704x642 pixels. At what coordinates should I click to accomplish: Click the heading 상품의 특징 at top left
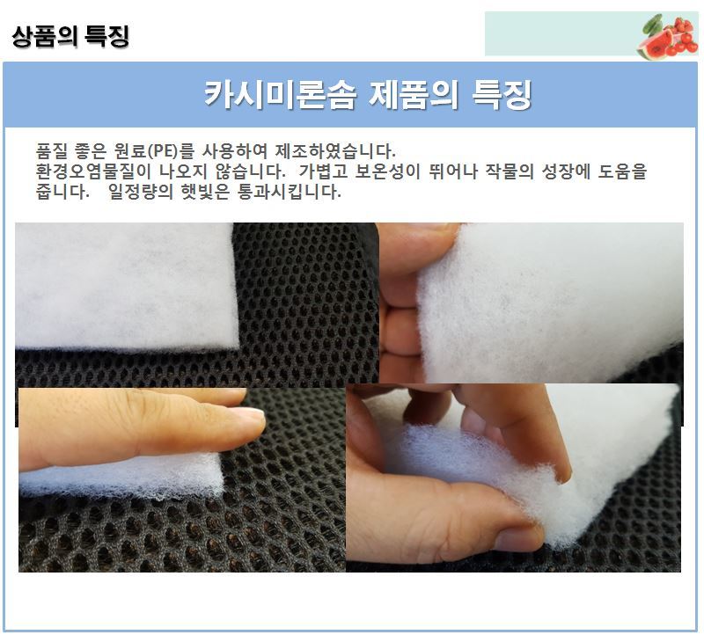click(70, 36)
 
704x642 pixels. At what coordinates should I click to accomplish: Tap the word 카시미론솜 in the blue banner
click(280, 94)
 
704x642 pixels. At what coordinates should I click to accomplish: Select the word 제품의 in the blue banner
click(413, 94)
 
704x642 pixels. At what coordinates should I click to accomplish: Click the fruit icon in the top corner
click(668, 36)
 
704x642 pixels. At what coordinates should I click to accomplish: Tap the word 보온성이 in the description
click(387, 171)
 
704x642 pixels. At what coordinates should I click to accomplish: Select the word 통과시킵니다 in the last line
click(290, 192)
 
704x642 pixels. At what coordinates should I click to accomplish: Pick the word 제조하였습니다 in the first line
click(335, 150)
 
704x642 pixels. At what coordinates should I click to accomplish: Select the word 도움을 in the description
click(622, 171)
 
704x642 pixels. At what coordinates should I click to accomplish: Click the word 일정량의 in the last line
click(140, 192)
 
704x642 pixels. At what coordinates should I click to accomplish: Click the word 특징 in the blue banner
click(502, 94)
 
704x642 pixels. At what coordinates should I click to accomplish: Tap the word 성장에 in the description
click(566, 171)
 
